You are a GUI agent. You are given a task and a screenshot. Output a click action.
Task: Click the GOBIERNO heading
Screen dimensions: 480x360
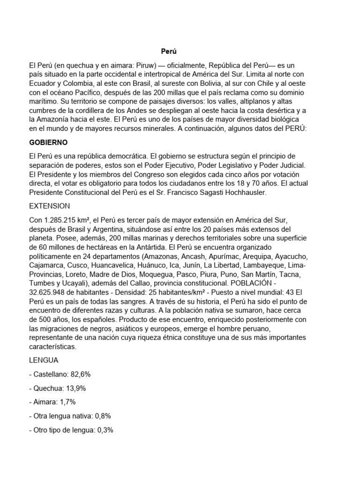48,142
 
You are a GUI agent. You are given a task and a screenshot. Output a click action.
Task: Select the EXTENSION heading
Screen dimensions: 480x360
49,206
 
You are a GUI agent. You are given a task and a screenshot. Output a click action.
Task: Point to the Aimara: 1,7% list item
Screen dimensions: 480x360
52,402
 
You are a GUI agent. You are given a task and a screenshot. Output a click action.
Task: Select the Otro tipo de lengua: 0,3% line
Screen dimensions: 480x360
71,429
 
